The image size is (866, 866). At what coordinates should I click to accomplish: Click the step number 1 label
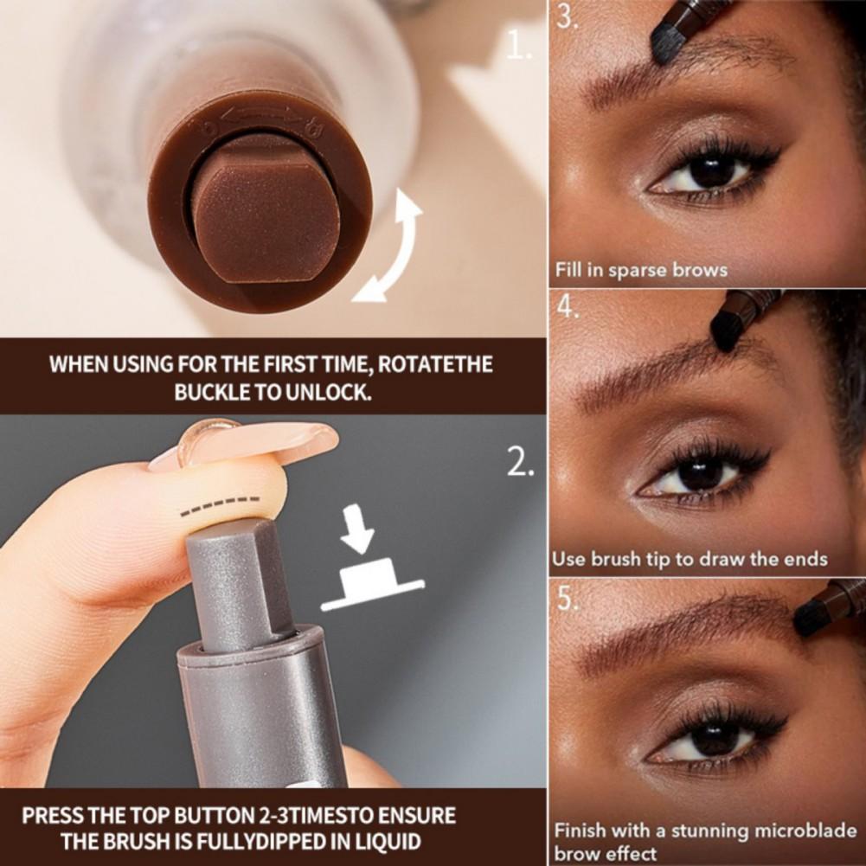tap(519, 47)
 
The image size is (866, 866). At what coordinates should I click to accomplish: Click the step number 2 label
tap(519, 465)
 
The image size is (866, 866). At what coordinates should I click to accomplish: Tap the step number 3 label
tap(568, 18)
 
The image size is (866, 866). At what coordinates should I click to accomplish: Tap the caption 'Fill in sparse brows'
tap(641, 270)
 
